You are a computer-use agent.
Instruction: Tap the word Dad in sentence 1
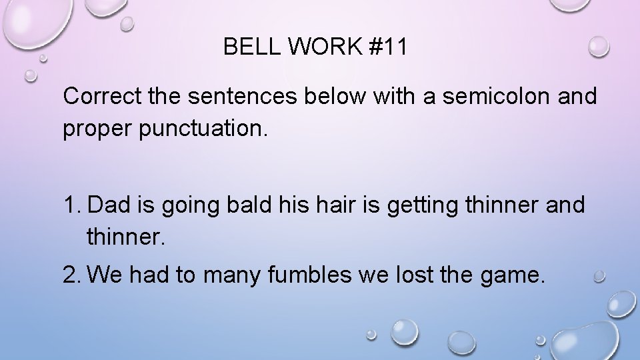pyautogui.click(x=108, y=205)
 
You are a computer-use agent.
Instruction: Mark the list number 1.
pyautogui.click(x=72, y=205)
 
